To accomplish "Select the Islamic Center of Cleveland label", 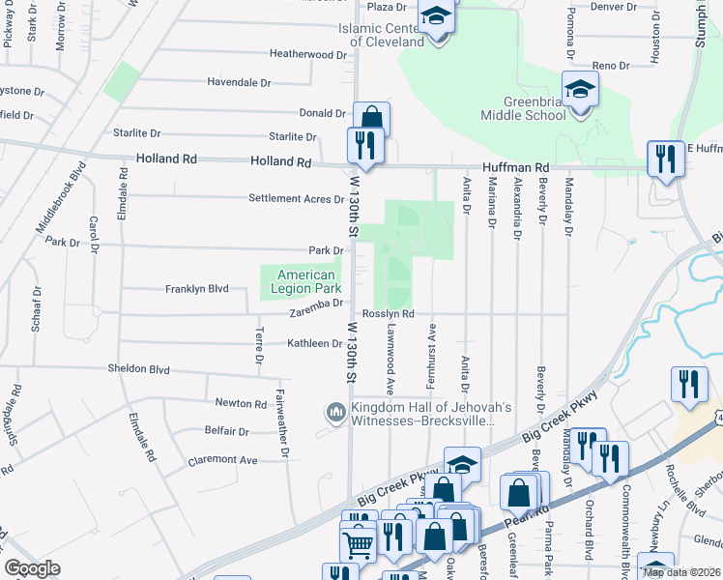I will click(x=381, y=35).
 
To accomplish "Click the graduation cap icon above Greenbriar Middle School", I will click(x=579, y=91).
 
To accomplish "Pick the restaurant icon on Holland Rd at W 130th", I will click(x=364, y=147).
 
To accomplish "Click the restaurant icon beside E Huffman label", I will click(x=665, y=159).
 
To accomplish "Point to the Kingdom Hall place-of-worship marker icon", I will click(x=336, y=413).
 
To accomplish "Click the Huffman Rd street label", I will click(x=523, y=167).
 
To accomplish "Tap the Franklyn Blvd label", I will click(x=196, y=289).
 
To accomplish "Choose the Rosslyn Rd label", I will click(x=389, y=314).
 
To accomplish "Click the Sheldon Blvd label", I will click(x=138, y=369).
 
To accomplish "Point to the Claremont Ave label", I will click(x=222, y=461).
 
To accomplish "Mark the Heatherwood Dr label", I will click(x=307, y=55).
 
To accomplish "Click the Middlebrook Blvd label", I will click(x=61, y=194).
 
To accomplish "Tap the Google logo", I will click(x=32, y=568).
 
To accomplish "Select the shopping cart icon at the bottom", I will click(x=358, y=544).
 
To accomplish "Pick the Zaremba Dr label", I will click(x=317, y=303).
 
